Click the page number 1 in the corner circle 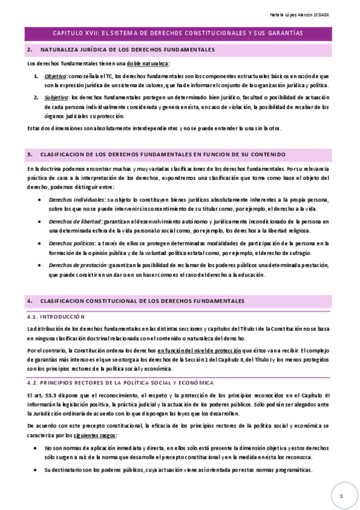[x=340, y=496]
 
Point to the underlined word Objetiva [x=55, y=76]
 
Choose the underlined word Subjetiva [x=56, y=97]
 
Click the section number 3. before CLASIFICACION [x=29, y=155]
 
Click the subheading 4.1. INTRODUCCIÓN [x=56, y=316]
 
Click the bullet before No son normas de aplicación [x=39, y=449]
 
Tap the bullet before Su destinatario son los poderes [x=39, y=470]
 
